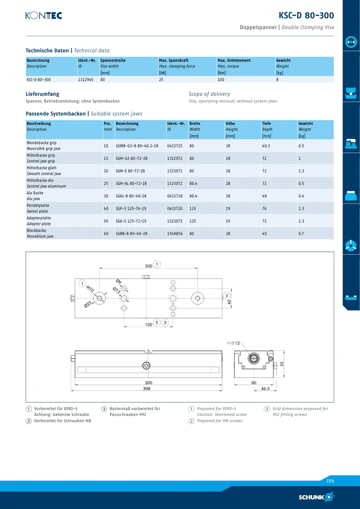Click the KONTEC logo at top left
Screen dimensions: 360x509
coord(44,15)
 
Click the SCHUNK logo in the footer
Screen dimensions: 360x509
coord(316,497)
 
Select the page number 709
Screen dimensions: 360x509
coord(330,481)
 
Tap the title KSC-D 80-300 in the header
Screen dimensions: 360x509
coord(306,15)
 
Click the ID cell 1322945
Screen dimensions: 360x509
coord(86,80)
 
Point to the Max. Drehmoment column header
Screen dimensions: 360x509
coord(234,60)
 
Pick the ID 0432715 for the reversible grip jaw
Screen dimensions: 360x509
coord(175,146)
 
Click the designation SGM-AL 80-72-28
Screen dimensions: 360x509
coord(131,184)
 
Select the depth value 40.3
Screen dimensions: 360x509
coord(266,146)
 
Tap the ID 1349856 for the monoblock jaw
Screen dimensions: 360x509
coord(175,234)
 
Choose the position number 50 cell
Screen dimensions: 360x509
coord(106,221)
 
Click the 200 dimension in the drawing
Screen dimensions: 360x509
coord(148,266)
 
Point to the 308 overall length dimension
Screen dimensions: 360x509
coord(147,388)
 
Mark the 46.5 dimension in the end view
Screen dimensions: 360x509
coord(266,389)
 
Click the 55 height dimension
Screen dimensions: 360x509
coord(282,364)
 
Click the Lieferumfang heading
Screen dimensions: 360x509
coord(43,94)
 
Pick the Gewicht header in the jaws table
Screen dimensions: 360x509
coord(306,124)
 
